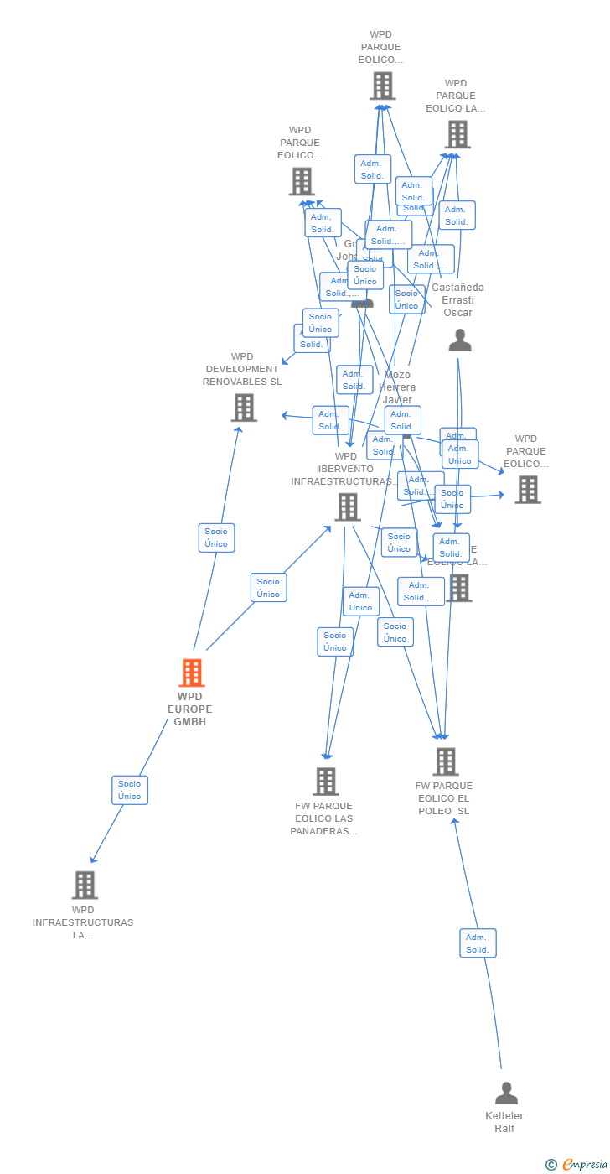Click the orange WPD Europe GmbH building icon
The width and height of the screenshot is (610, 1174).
click(x=192, y=673)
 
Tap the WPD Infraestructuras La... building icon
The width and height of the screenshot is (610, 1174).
click(x=85, y=885)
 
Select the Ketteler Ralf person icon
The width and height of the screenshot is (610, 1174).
click(x=506, y=1093)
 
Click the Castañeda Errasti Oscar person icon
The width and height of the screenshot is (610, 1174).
click(x=460, y=340)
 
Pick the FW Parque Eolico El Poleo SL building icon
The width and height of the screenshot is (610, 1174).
click(x=445, y=761)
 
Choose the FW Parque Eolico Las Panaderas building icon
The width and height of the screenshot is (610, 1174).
click(x=326, y=782)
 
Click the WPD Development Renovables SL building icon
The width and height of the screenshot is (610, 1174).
click(x=244, y=408)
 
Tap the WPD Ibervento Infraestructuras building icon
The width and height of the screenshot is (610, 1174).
click(x=348, y=506)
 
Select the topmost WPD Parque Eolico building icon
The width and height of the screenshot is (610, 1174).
click(x=382, y=86)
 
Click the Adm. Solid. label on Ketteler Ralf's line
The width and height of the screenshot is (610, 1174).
click(x=478, y=943)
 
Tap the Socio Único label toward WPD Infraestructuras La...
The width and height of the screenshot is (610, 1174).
click(x=130, y=790)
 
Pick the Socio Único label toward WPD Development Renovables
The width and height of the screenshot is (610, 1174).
click(x=216, y=538)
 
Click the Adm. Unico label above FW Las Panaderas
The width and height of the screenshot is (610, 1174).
click(x=360, y=601)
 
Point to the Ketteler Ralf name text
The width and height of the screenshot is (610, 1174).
click(x=504, y=1122)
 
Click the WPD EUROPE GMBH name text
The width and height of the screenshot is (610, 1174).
click(x=190, y=709)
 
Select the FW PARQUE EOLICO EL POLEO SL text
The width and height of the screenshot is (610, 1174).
click(x=444, y=798)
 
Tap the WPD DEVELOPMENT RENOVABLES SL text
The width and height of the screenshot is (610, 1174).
click(x=242, y=369)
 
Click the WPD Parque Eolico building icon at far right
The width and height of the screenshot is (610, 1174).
click(x=528, y=490)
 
